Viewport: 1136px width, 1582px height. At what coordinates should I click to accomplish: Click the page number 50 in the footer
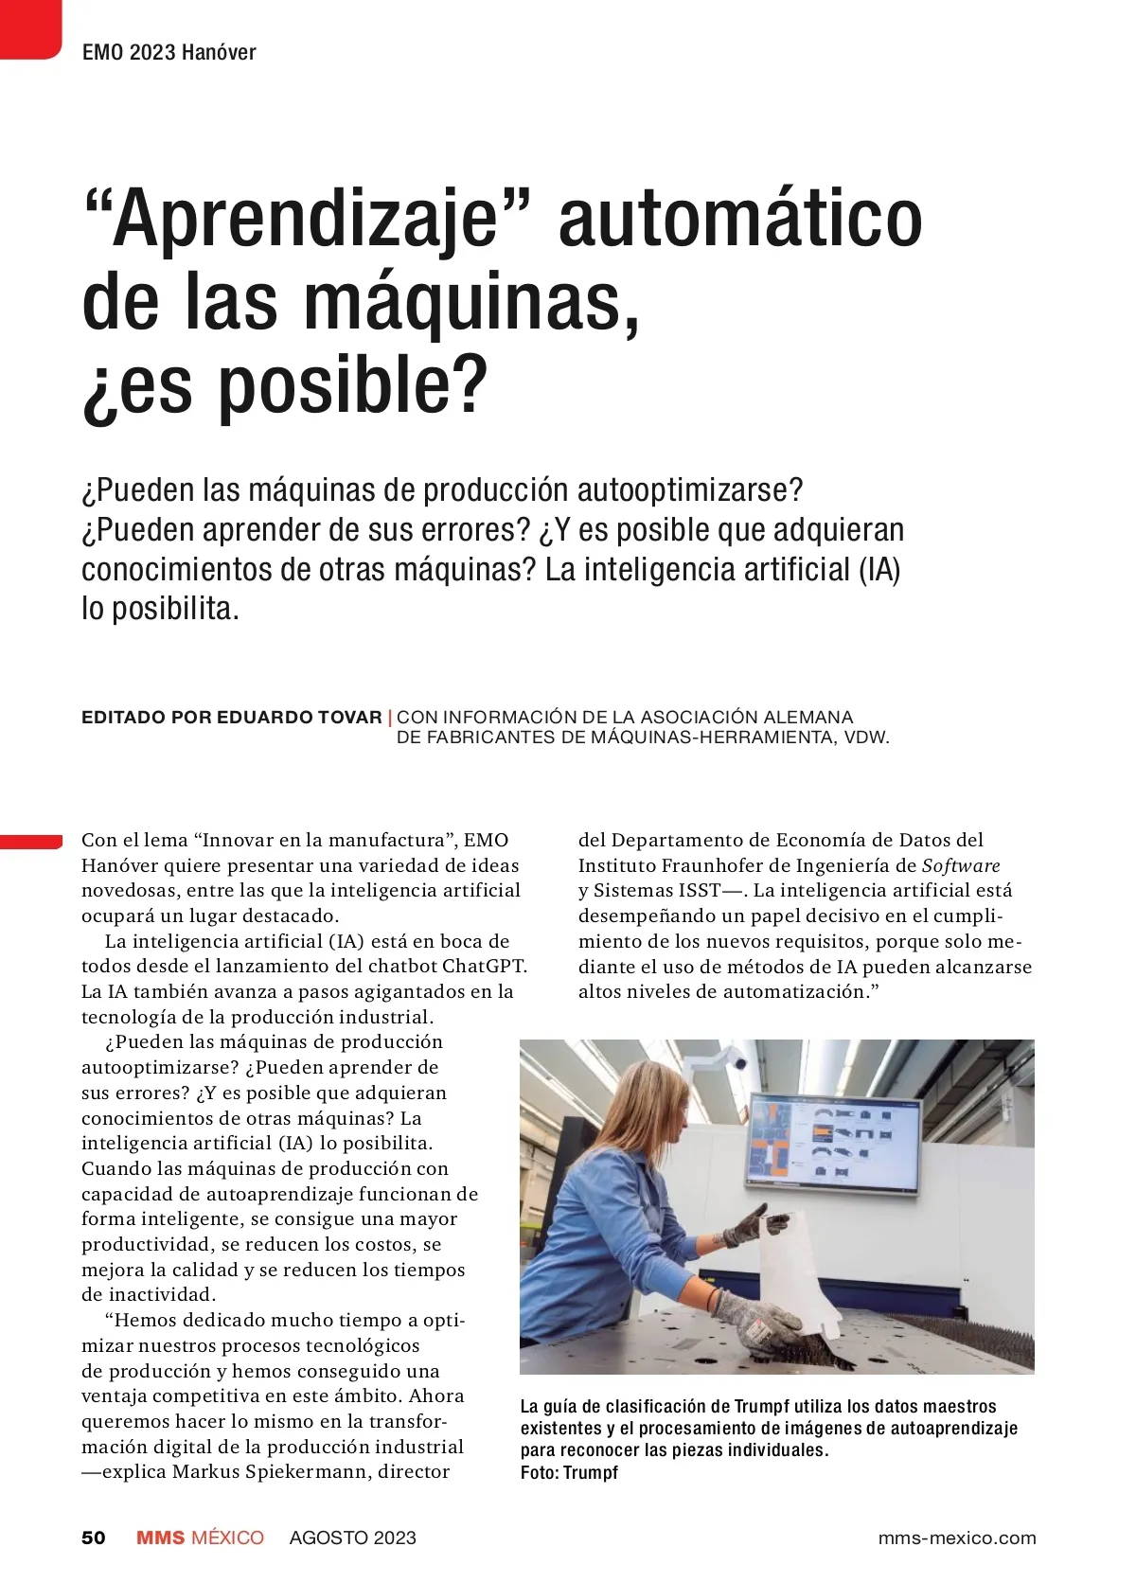pyautogui.click(x=94, y=1538)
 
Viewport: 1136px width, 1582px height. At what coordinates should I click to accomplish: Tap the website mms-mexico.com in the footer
pyautogui.click(x=956, y=1538)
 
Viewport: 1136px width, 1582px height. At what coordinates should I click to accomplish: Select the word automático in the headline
pyautogui.click(x=740, y=220)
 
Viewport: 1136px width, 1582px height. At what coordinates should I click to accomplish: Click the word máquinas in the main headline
pyautogui.click(x=470, y=303)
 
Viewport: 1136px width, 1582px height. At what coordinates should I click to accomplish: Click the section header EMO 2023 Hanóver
pyautogui.click(x=169, y=52)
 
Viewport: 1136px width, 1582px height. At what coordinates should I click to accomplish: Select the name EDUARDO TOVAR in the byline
pyautogui.click(x=299, y=717)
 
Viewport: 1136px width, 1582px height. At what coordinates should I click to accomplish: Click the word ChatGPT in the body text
pyautogui.click(x=484, y=967)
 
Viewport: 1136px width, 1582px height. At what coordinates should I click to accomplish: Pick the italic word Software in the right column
pyautogui.click(x=961, y=865)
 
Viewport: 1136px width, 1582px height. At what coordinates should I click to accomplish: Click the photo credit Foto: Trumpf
pyautogui.click(x=569, y=1472)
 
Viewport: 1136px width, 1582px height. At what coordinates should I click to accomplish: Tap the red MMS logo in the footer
pyautogui.click(x=160, y=1538)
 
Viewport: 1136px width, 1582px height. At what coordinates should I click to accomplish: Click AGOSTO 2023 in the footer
pyautogui.click(x=352, y=1538)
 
